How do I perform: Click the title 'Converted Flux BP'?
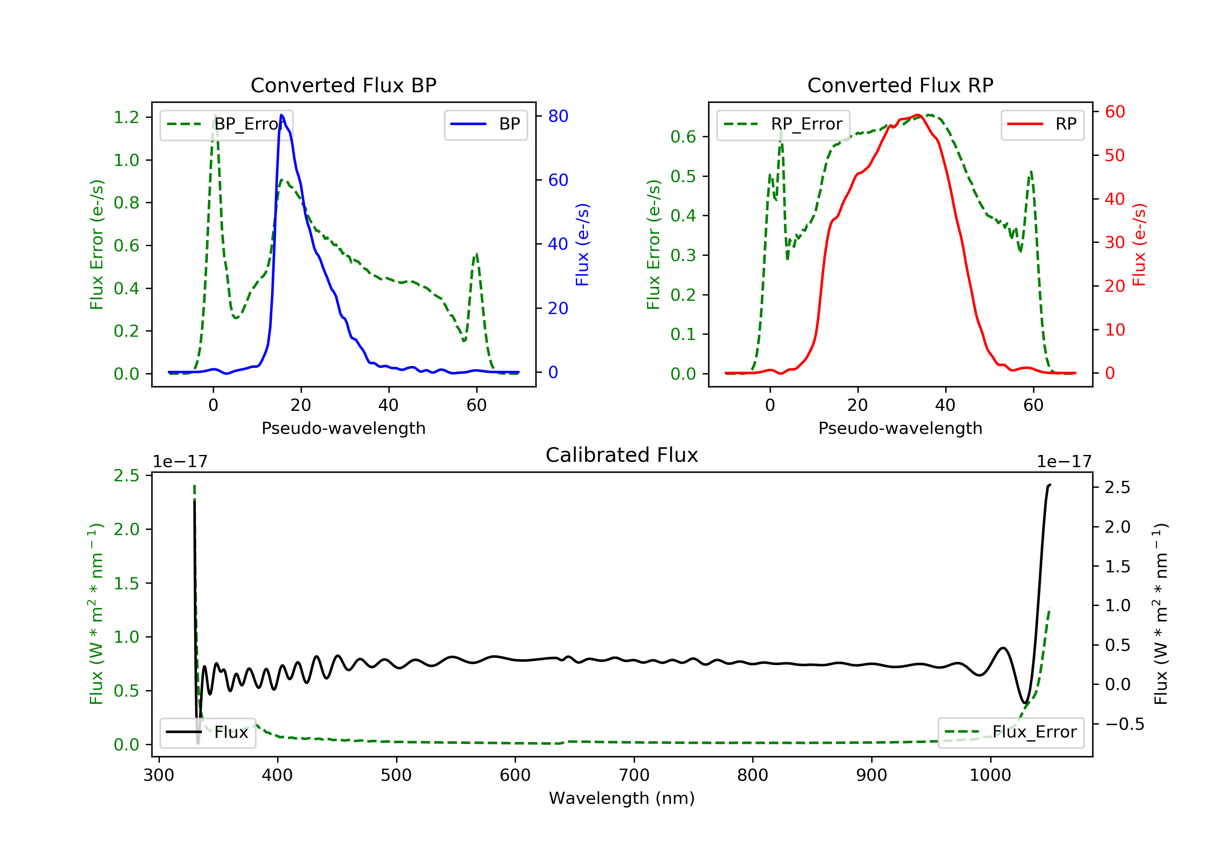tap(343, 85)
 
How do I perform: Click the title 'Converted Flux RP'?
tap(900, 85)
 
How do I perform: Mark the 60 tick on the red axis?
tap(1114, 112)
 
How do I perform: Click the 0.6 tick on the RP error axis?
tap(683, 137)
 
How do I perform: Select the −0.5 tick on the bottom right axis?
tap(1124, 724)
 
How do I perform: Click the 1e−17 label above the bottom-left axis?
tap(180, 462)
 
